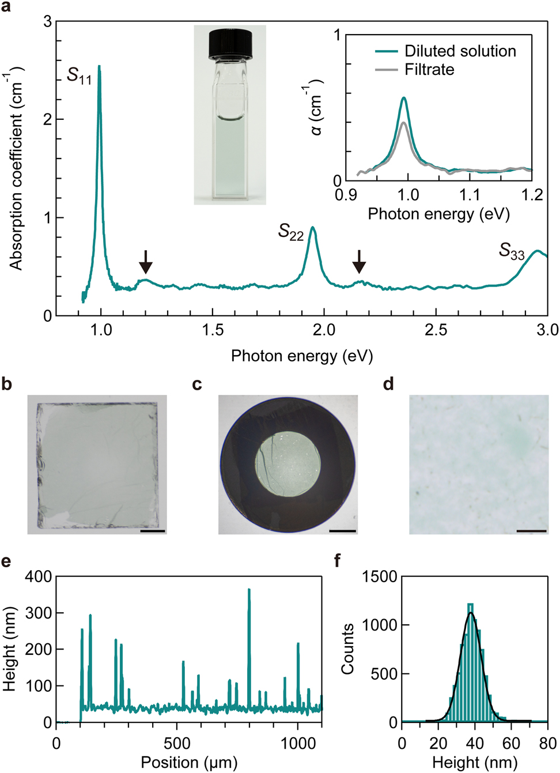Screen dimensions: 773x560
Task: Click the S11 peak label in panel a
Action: coord(79,76)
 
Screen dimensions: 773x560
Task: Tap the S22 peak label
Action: coord(290,232)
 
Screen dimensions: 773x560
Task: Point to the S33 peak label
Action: coord(511,251)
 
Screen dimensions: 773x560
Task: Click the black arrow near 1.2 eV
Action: coord(146,262)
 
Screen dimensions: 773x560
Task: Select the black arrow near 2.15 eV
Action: coord(359,262)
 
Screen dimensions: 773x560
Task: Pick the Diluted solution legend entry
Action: coord(445,51)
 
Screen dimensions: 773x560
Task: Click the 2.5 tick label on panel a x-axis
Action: coord(436,330)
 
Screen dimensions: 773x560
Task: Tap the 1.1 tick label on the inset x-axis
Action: coord(470,195)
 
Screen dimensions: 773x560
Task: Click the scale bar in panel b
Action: coord(152,530)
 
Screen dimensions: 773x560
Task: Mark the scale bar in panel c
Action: coord(343,530)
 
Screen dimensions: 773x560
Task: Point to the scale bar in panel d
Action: coord(531,530)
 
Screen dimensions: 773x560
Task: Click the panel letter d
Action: coord(389,384)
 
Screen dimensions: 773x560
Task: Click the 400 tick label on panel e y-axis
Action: coord(38,576)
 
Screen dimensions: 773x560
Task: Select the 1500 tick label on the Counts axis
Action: coord(379,576)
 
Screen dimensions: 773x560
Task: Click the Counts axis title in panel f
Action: coord(347,648)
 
